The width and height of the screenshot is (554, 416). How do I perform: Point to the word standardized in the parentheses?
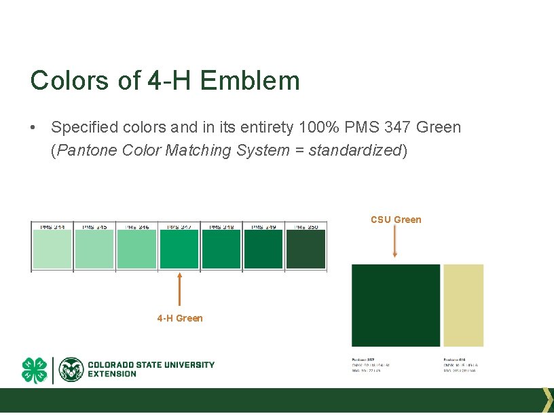coord(355,150)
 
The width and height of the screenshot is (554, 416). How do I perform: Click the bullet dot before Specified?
coord(33,128)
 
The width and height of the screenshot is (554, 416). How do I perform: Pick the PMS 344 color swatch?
coord(52,249)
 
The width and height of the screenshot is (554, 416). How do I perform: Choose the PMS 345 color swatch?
coord(94,249)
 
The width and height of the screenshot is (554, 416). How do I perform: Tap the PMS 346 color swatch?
coord(136,249)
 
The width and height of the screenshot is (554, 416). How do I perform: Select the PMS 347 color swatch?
coord(179,249)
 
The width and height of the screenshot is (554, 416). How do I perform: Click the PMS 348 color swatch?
coord(221,249)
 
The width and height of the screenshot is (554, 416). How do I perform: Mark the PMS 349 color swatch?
coord(263,249)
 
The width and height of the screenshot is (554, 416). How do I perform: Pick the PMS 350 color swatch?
coord(306,249)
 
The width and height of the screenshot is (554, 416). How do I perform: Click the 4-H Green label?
coord(179,318)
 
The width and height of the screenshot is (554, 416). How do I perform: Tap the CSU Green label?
coord(396,220)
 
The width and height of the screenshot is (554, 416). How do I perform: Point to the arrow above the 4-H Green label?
coord(179,289)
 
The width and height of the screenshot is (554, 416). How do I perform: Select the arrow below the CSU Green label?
coord(395,241)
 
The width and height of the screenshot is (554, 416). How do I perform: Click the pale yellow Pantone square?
coord(463,305)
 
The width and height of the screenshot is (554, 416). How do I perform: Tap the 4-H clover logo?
coord(35,370)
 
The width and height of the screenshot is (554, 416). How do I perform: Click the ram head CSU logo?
coord(71,370)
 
